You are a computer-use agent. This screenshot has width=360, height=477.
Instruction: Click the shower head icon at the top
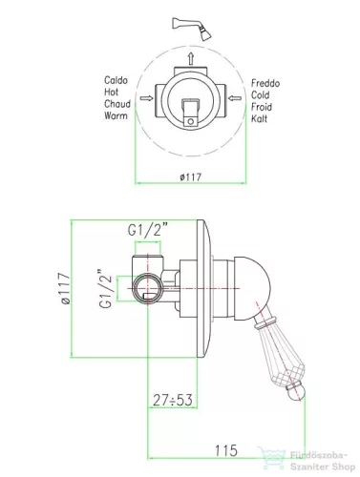(192, 28)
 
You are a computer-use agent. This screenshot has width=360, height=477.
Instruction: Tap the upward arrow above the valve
(191, 59)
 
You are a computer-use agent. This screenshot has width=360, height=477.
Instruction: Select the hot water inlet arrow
(146, 98)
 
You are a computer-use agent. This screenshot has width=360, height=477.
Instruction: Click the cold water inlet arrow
(235, 98)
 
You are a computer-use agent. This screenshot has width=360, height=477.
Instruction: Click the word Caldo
(116, 80)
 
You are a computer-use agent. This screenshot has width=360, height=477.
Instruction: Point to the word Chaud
(117, 104)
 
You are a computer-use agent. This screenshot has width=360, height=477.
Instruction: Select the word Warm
(116, 115)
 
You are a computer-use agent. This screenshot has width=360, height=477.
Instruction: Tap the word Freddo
(265, 83)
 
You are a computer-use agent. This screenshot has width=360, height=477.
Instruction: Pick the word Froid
(262, 107)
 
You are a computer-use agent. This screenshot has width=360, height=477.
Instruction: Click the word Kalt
(259, 118)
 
